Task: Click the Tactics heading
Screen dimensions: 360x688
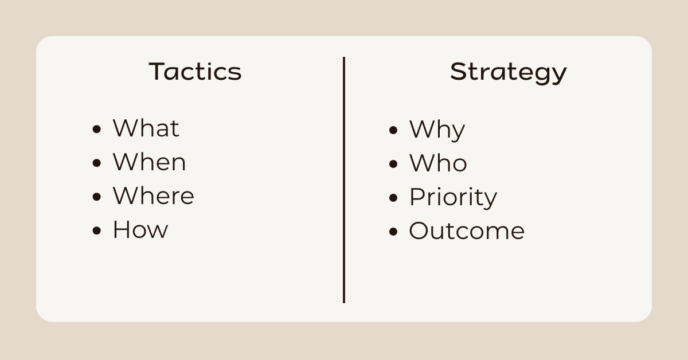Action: (x=195, y=72)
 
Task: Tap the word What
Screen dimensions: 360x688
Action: (x=146, y=128)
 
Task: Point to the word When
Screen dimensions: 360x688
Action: (x=149, y=162)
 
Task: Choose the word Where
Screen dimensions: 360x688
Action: (x=153, y=196)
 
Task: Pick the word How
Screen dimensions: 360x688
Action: (x=140, y=230)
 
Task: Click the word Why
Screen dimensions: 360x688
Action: (x=437, y=130)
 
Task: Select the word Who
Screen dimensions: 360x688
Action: (x=438, y=163)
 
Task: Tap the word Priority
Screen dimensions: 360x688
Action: (x=453, y=198)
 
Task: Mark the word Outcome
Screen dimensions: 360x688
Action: (x=467, y=231)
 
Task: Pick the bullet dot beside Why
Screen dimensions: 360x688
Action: (x=393, y=130)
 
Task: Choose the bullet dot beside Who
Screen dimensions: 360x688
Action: (x=393, y=164)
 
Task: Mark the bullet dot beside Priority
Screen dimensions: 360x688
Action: (x=393, y=198)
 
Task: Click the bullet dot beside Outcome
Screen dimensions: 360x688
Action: (x=393, y=232)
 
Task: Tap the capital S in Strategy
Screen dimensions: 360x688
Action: (x=458, y=72)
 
